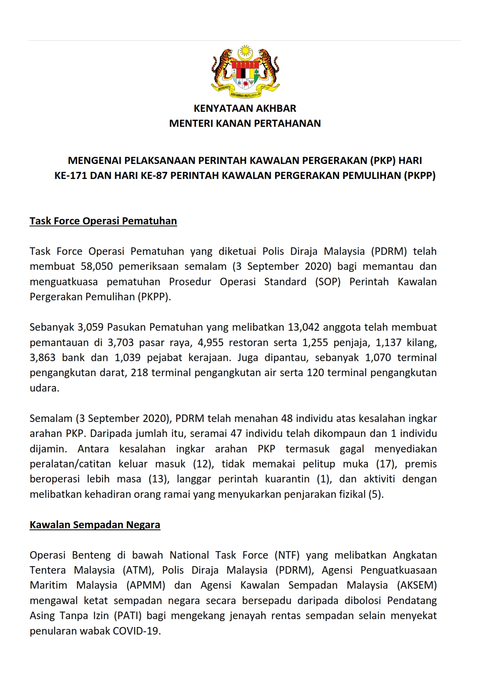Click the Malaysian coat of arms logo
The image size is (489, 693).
pyautogui.click(x=245, y=71)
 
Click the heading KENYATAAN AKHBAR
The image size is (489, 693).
pyautogui.click(x=245, y=108)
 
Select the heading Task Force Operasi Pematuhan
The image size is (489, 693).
pyautogui.click(x=103, y=221)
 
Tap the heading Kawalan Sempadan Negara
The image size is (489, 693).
pyautogui.click(x=95, y=525)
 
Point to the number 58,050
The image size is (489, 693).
pyautogui.click(x=97, y=266)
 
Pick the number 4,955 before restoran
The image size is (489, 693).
pyautogui.click(x=210, y=343)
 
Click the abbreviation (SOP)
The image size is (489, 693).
pyautogui.click(x=328, y=282)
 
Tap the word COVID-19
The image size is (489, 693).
pyautogui.click(x=137, y=631)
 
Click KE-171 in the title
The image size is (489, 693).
pyautogui.click(x=71, y=175)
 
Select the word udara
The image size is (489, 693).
pyautogui.click(x=44, y=388)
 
